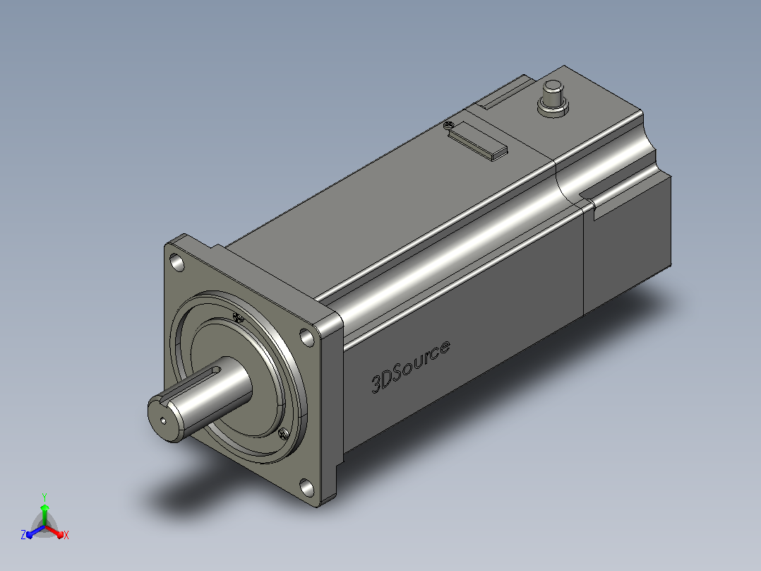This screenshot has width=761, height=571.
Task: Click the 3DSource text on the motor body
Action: coord(411,366)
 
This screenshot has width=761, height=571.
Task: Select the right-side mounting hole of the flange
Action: coord(306,337)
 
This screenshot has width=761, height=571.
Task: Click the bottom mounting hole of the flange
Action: coord(306,488)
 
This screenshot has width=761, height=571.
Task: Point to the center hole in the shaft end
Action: coord(163,420)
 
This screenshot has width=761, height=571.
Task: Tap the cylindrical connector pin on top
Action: coord(553,94)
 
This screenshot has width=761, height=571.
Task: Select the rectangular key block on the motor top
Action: coord(477,141)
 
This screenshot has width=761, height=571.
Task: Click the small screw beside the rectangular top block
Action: coord(449,125)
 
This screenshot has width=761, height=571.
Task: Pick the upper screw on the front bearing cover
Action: coord(238,318)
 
